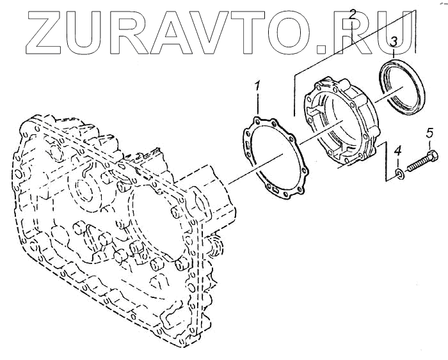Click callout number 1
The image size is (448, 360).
(257, 85)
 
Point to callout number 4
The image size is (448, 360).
(397, 152)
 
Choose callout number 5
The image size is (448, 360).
(429, 134)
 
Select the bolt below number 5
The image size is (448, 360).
(422, 160)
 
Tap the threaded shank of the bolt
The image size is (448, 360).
(417, 164)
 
